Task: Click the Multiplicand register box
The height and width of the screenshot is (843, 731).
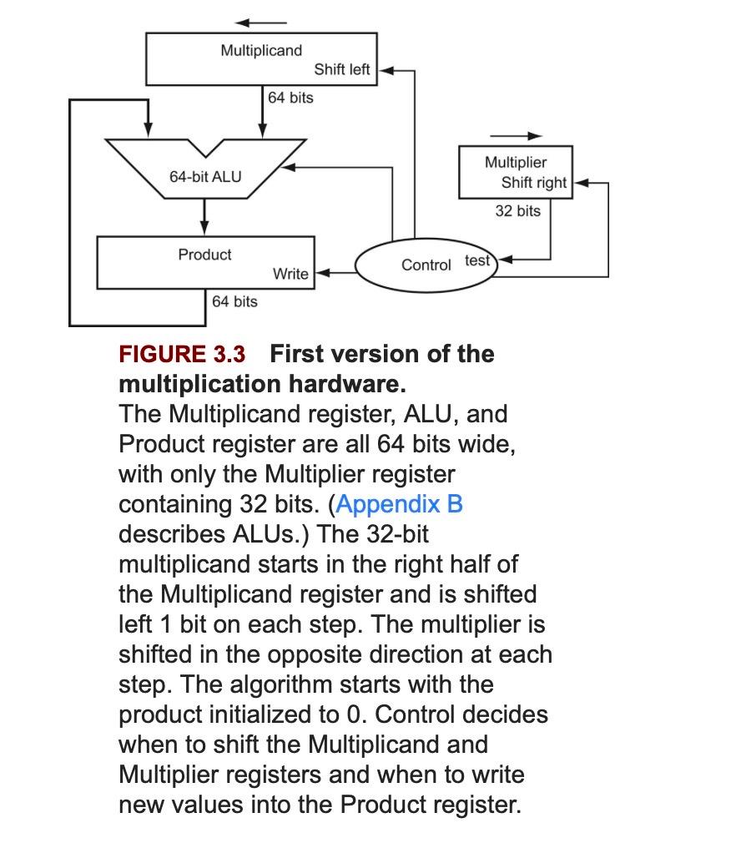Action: (261, 59)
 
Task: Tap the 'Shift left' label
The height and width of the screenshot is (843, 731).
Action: (342, 70)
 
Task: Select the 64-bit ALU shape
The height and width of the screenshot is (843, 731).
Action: (204, 176)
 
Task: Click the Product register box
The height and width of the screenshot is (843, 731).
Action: (205, 263)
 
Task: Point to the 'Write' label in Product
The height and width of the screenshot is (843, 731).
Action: (290, 274)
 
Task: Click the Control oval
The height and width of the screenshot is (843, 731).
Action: (426, 265)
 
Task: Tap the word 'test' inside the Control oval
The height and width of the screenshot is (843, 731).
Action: (477, 260)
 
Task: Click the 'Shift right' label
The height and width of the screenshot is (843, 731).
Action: (533, 183)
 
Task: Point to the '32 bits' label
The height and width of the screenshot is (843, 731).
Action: (517, 211)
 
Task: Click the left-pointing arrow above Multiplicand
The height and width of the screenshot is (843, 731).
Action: (261, 23)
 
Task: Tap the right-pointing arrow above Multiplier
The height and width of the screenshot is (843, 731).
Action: (516, 135)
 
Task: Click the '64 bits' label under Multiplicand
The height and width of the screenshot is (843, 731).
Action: (291, 98)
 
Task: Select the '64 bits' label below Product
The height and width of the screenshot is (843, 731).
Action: (234, 301)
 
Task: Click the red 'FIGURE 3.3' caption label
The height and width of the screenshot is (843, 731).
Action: (182, 354)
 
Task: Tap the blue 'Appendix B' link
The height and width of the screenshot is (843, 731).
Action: (399, 504)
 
